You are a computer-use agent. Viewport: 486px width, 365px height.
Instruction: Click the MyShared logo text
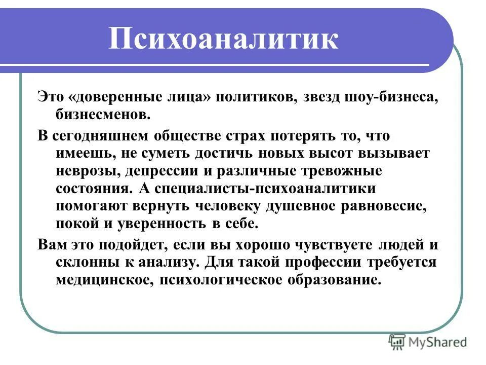pyautogui.click(x=438, y=342)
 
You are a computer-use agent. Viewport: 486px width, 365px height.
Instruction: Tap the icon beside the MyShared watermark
pyautogui.click(x=397, y=342)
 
